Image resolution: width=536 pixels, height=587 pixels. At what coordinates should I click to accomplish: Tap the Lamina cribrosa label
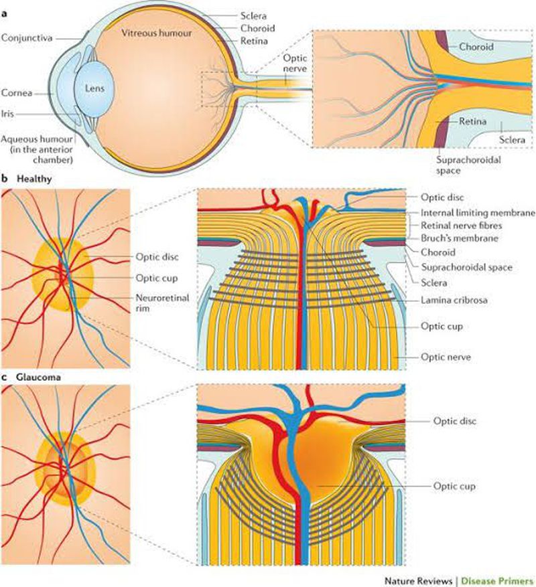tap(454, 301)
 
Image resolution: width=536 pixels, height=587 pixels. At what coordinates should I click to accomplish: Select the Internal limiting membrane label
tap(477, 213)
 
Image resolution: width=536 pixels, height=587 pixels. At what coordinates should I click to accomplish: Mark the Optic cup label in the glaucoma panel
tap(455, 486)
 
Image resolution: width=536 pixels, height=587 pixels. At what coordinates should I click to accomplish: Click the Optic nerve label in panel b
tap(445, 357)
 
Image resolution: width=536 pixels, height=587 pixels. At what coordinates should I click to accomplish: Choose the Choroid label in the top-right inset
tap(475, 48)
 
